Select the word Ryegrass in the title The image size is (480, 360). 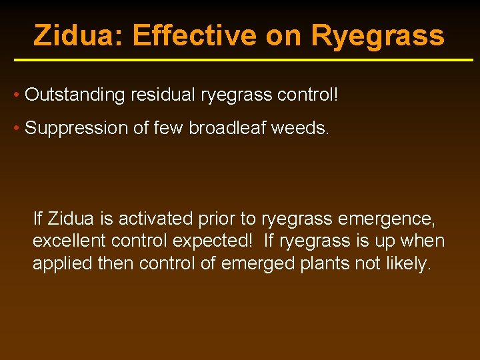377,35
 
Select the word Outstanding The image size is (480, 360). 75,95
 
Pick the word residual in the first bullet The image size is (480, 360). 162,95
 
